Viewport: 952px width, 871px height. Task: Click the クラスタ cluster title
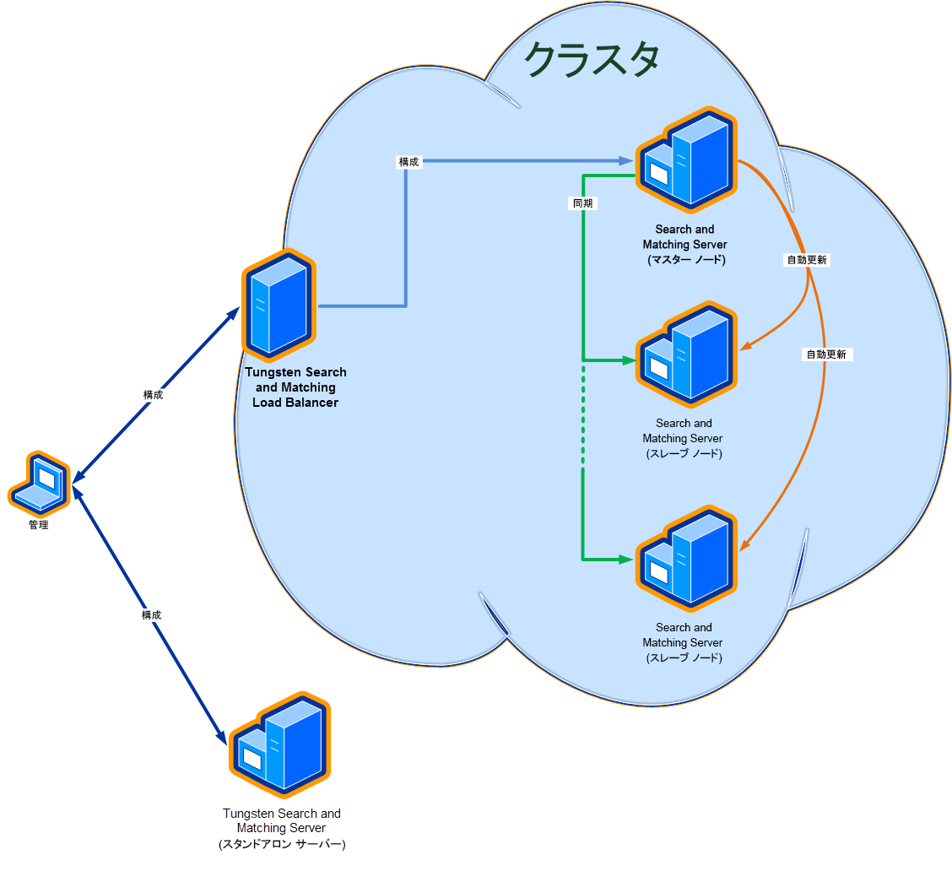(591, 61)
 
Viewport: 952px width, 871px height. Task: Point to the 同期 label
(583, 203)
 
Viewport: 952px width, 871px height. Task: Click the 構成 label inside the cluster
(408, 161)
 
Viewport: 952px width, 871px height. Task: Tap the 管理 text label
(38, 525)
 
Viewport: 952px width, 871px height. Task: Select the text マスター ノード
(685, 260)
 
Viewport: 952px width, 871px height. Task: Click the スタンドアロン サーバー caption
(282, 844)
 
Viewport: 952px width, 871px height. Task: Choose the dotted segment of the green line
(583, 418)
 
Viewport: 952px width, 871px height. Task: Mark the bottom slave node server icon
(686, 559)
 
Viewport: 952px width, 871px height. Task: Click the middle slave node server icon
(686, 354)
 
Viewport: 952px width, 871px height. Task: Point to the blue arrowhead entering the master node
(628, 160)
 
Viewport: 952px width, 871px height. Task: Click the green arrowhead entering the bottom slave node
(627, 559)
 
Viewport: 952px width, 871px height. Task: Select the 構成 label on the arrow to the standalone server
(151, 615)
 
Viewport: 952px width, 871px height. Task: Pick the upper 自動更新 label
(807, 260)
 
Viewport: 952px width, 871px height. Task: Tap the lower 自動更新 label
(826, 354)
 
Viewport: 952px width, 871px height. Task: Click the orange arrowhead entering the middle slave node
(746, 346)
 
